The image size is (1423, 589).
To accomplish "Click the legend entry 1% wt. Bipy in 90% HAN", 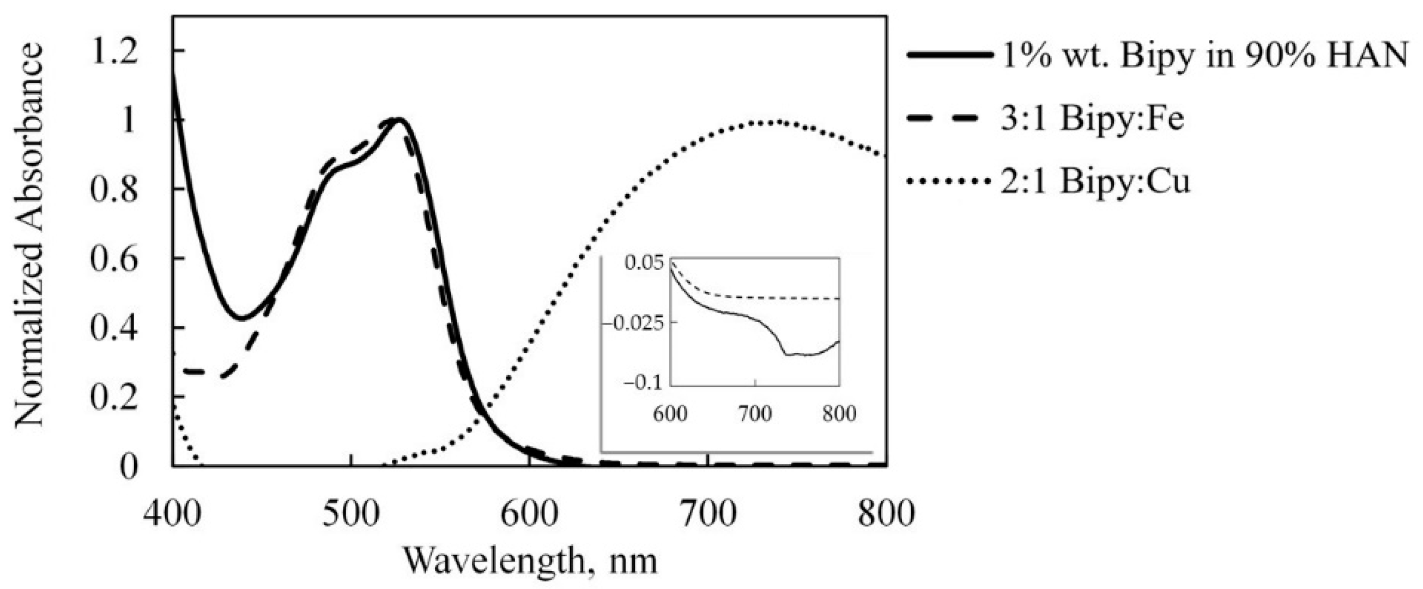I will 1204,57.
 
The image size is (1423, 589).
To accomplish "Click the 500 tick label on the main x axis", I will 351,513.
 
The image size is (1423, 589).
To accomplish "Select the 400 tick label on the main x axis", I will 172,513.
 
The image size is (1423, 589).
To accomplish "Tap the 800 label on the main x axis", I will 886,513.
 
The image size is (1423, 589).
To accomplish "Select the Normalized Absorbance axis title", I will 29,237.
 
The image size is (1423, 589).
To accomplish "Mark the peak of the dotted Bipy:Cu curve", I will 771,122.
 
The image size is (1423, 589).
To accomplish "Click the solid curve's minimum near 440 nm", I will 242,318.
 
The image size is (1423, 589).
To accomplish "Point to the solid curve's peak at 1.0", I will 399,119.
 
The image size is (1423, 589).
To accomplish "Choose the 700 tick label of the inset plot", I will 755,414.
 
